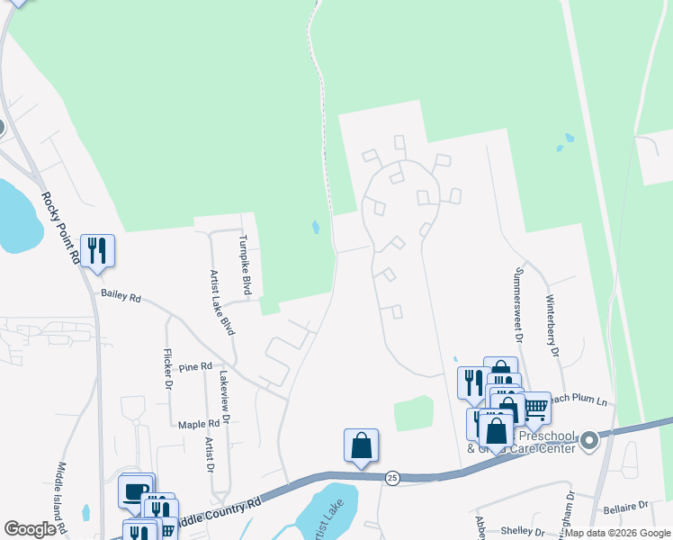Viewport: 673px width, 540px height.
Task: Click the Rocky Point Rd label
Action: (60, 229)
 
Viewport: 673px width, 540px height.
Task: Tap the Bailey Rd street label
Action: (121, 295)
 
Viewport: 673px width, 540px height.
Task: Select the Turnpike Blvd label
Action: (244, 265)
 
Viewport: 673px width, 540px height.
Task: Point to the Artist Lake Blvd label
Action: (221, 302)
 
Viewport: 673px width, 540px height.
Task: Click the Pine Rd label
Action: (194, 367)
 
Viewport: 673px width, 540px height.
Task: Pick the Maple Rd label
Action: (199, 424)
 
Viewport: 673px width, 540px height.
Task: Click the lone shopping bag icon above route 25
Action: (361, 445)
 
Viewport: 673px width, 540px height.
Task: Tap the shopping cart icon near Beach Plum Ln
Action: (535, 408)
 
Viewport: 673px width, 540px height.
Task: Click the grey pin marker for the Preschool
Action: (589, 440)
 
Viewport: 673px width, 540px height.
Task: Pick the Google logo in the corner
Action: (30, 529)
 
